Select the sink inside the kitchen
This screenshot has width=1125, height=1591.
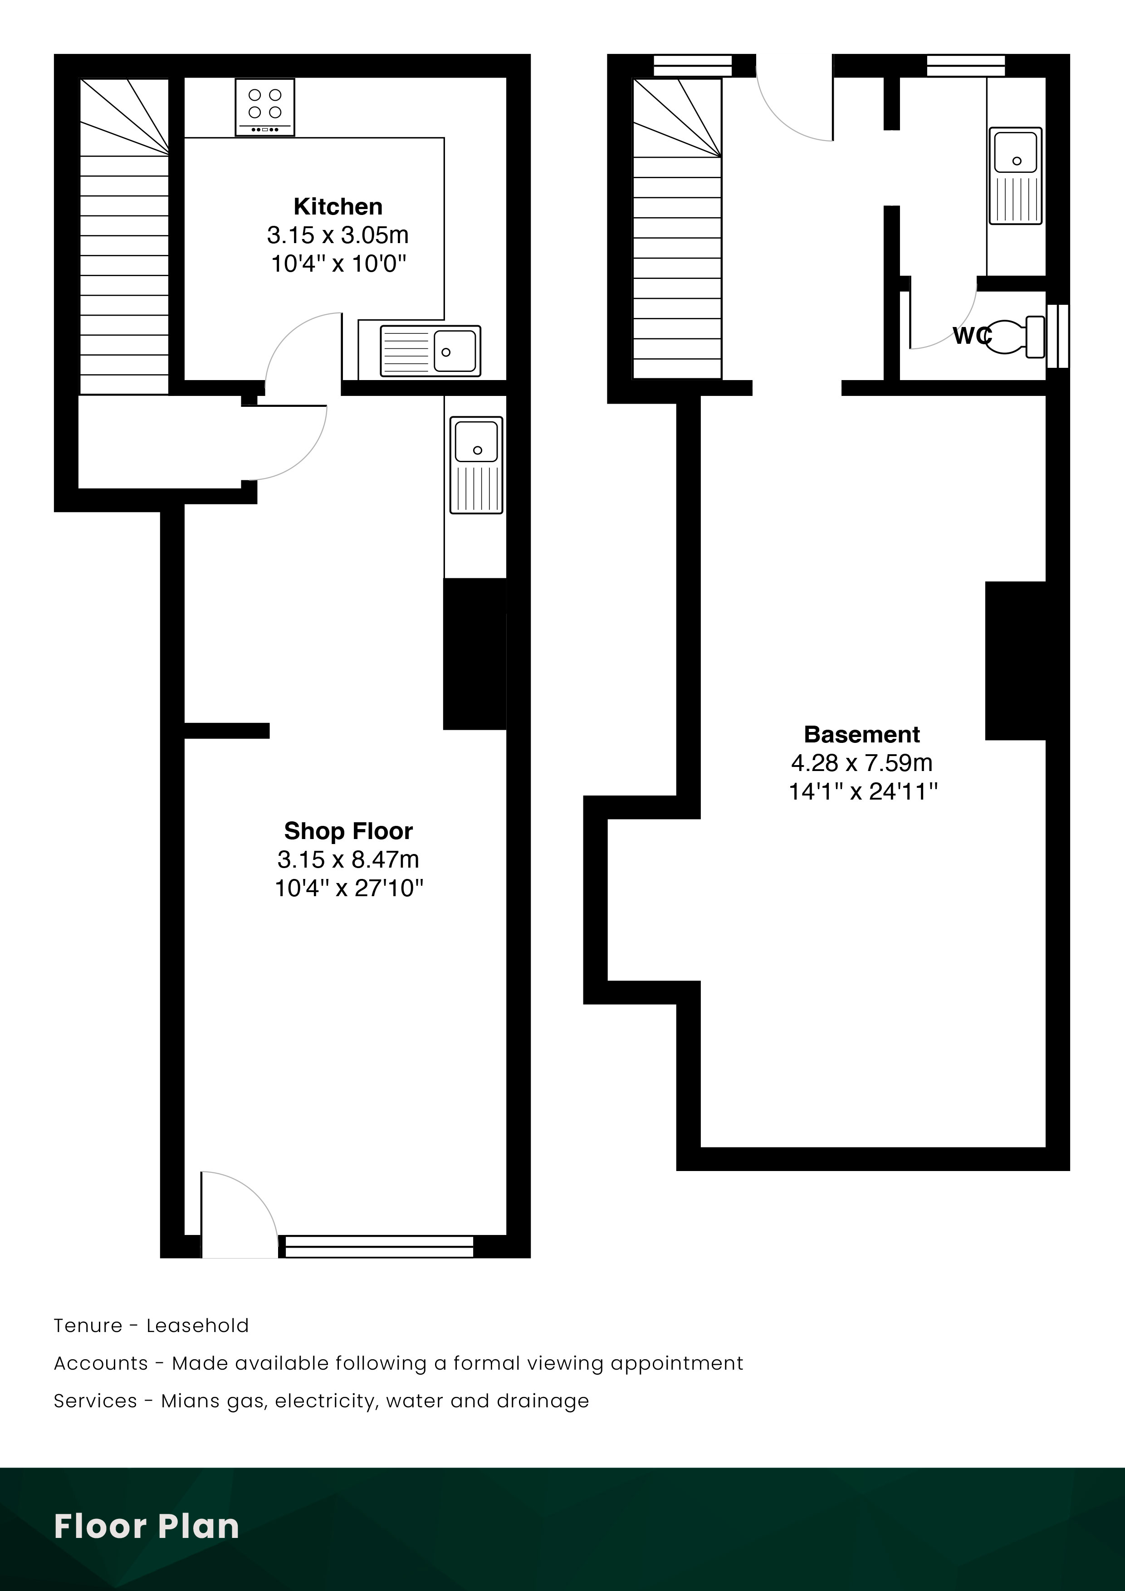click(x=430, y=351)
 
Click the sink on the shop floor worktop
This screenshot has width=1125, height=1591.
click(x=476, y=465)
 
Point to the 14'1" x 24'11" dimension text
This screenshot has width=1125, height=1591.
click(x=863, y=791)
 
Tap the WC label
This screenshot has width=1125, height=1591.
click(x=970, y=336)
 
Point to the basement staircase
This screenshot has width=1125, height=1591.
click(x=677, y=229)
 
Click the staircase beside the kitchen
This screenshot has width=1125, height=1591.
click(x=124, y=235)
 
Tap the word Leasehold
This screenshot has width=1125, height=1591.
click(x=197, y=1326)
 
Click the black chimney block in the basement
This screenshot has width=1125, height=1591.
click(x=1016, y=660)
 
